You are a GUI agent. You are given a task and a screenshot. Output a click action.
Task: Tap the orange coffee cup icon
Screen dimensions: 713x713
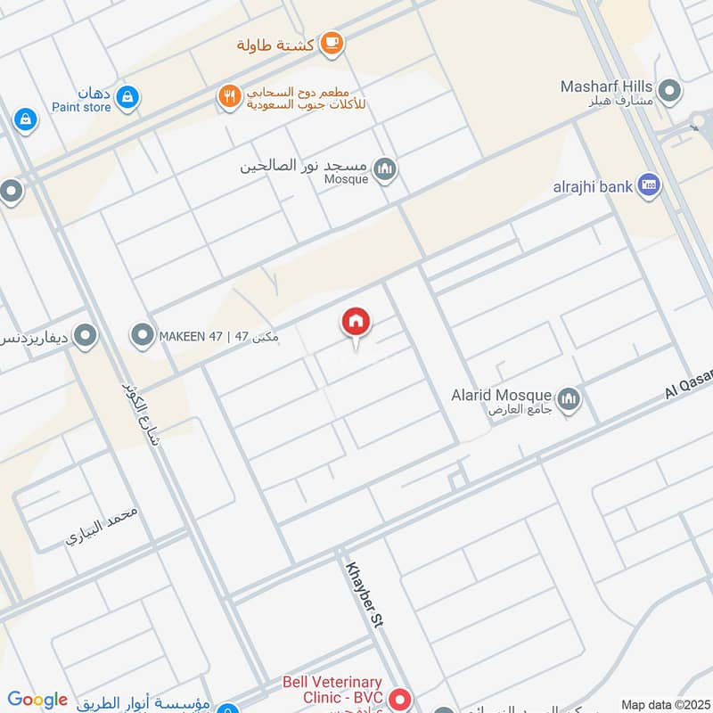332,42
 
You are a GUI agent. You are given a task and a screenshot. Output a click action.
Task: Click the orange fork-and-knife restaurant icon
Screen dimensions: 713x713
230,96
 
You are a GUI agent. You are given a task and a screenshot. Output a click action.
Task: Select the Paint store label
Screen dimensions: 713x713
81,107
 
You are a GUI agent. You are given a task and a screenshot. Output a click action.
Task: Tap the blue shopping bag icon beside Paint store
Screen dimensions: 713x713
127,96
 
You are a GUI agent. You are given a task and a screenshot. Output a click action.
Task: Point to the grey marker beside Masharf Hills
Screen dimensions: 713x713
668,91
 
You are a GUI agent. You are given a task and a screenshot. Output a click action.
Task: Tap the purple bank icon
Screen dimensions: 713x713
649,185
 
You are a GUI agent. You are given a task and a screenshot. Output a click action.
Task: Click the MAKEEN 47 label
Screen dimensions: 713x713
218,336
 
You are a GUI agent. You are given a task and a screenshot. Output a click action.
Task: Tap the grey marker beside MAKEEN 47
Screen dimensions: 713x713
142,336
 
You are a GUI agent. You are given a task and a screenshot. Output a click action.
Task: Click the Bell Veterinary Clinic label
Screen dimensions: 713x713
332,690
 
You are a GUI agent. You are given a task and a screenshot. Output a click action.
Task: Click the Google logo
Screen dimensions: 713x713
37,701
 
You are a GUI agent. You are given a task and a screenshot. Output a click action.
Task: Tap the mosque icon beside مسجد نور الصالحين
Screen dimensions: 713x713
384,168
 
